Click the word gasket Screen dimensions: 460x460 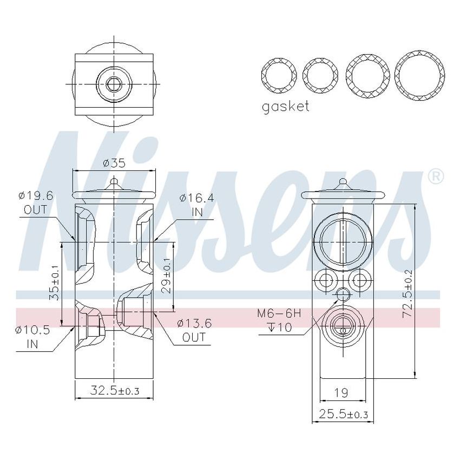pos(285,106)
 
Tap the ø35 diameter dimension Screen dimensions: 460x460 pos(114,162)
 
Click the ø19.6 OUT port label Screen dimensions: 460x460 pos(36,202)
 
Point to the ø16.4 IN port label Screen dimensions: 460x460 pos(196,205)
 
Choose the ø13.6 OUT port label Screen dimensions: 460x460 pos(193,330)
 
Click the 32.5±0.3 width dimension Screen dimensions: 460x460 pos(114,391)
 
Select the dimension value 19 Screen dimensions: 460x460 pos(340,392)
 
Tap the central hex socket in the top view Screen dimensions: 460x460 pos(114,84)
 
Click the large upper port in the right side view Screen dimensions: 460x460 pos(342,241)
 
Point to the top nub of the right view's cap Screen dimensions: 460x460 pos(343,182)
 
